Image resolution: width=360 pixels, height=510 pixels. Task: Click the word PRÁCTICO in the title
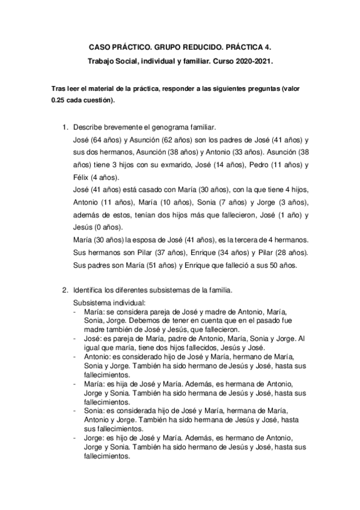point(127,46)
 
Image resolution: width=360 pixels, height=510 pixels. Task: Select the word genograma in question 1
point(165,128)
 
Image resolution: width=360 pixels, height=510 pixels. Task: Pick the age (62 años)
point(166,140)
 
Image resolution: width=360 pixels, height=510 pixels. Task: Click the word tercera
point(242,241)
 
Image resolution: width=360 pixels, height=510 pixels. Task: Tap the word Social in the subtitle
point(129,60)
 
